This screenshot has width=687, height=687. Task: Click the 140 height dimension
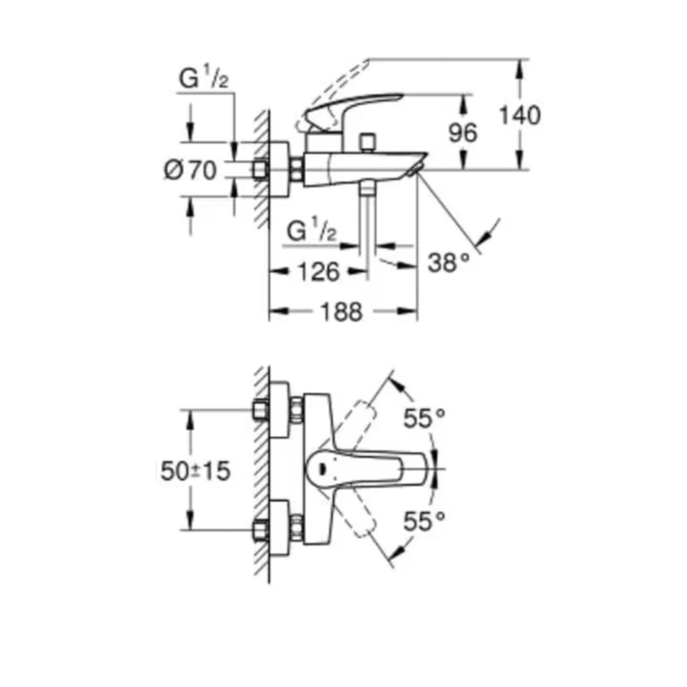[520, 115]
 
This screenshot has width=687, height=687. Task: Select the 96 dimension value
[462, 133]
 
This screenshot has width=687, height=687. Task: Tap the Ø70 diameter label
[190, 170]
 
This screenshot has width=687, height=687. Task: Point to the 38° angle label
[449, 263]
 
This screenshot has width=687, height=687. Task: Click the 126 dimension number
[319, 271]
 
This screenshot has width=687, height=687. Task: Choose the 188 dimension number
[341, 313]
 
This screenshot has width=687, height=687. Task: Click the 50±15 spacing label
[195, 471]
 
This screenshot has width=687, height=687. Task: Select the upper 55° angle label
[424, 418]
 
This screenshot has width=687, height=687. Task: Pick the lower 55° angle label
[424, 521]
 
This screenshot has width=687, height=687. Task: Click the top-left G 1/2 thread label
[204, 79]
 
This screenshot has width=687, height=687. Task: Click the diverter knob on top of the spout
[368, 143]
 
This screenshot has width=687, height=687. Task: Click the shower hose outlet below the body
[368, 189]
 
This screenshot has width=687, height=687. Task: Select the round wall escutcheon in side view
[279, 169]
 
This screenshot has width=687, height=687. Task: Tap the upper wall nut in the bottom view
[260, 410]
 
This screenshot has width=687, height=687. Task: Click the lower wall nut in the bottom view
[260, 530]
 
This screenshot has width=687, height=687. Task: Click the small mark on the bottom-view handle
[322, 469]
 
